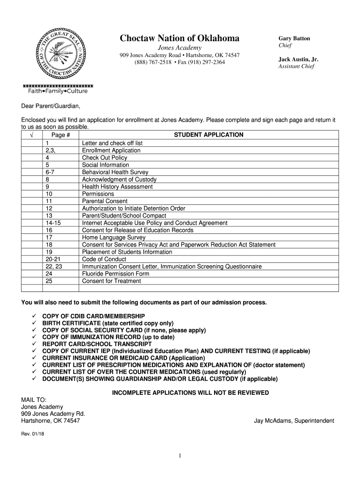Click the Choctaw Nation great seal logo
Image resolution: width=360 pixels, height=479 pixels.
[x=58, y=53]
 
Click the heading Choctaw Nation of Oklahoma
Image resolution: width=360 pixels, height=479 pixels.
[x=180, y=38]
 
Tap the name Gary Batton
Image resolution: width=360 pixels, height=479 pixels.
[x=295, y=38]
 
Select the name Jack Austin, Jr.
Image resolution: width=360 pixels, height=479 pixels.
[x=298, y=59]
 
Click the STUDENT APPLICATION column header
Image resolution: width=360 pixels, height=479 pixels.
[x=209, y=135]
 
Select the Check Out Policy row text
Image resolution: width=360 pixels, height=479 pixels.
[x=104, y=158]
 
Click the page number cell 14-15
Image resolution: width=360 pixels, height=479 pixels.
[x=52, y=223]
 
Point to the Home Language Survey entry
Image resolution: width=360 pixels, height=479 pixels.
[x=114, y=238]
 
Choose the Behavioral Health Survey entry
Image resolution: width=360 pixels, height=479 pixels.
[x=115, y=172]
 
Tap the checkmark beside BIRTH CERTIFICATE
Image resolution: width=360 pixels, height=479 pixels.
[x=34, y=323]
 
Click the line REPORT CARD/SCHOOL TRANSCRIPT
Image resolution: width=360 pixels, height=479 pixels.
[x=97, y=344]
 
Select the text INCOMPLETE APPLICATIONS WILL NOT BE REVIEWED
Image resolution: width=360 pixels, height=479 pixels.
[x=190, y=392]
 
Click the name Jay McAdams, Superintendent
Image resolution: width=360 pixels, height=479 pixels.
[x=294, y=421]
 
